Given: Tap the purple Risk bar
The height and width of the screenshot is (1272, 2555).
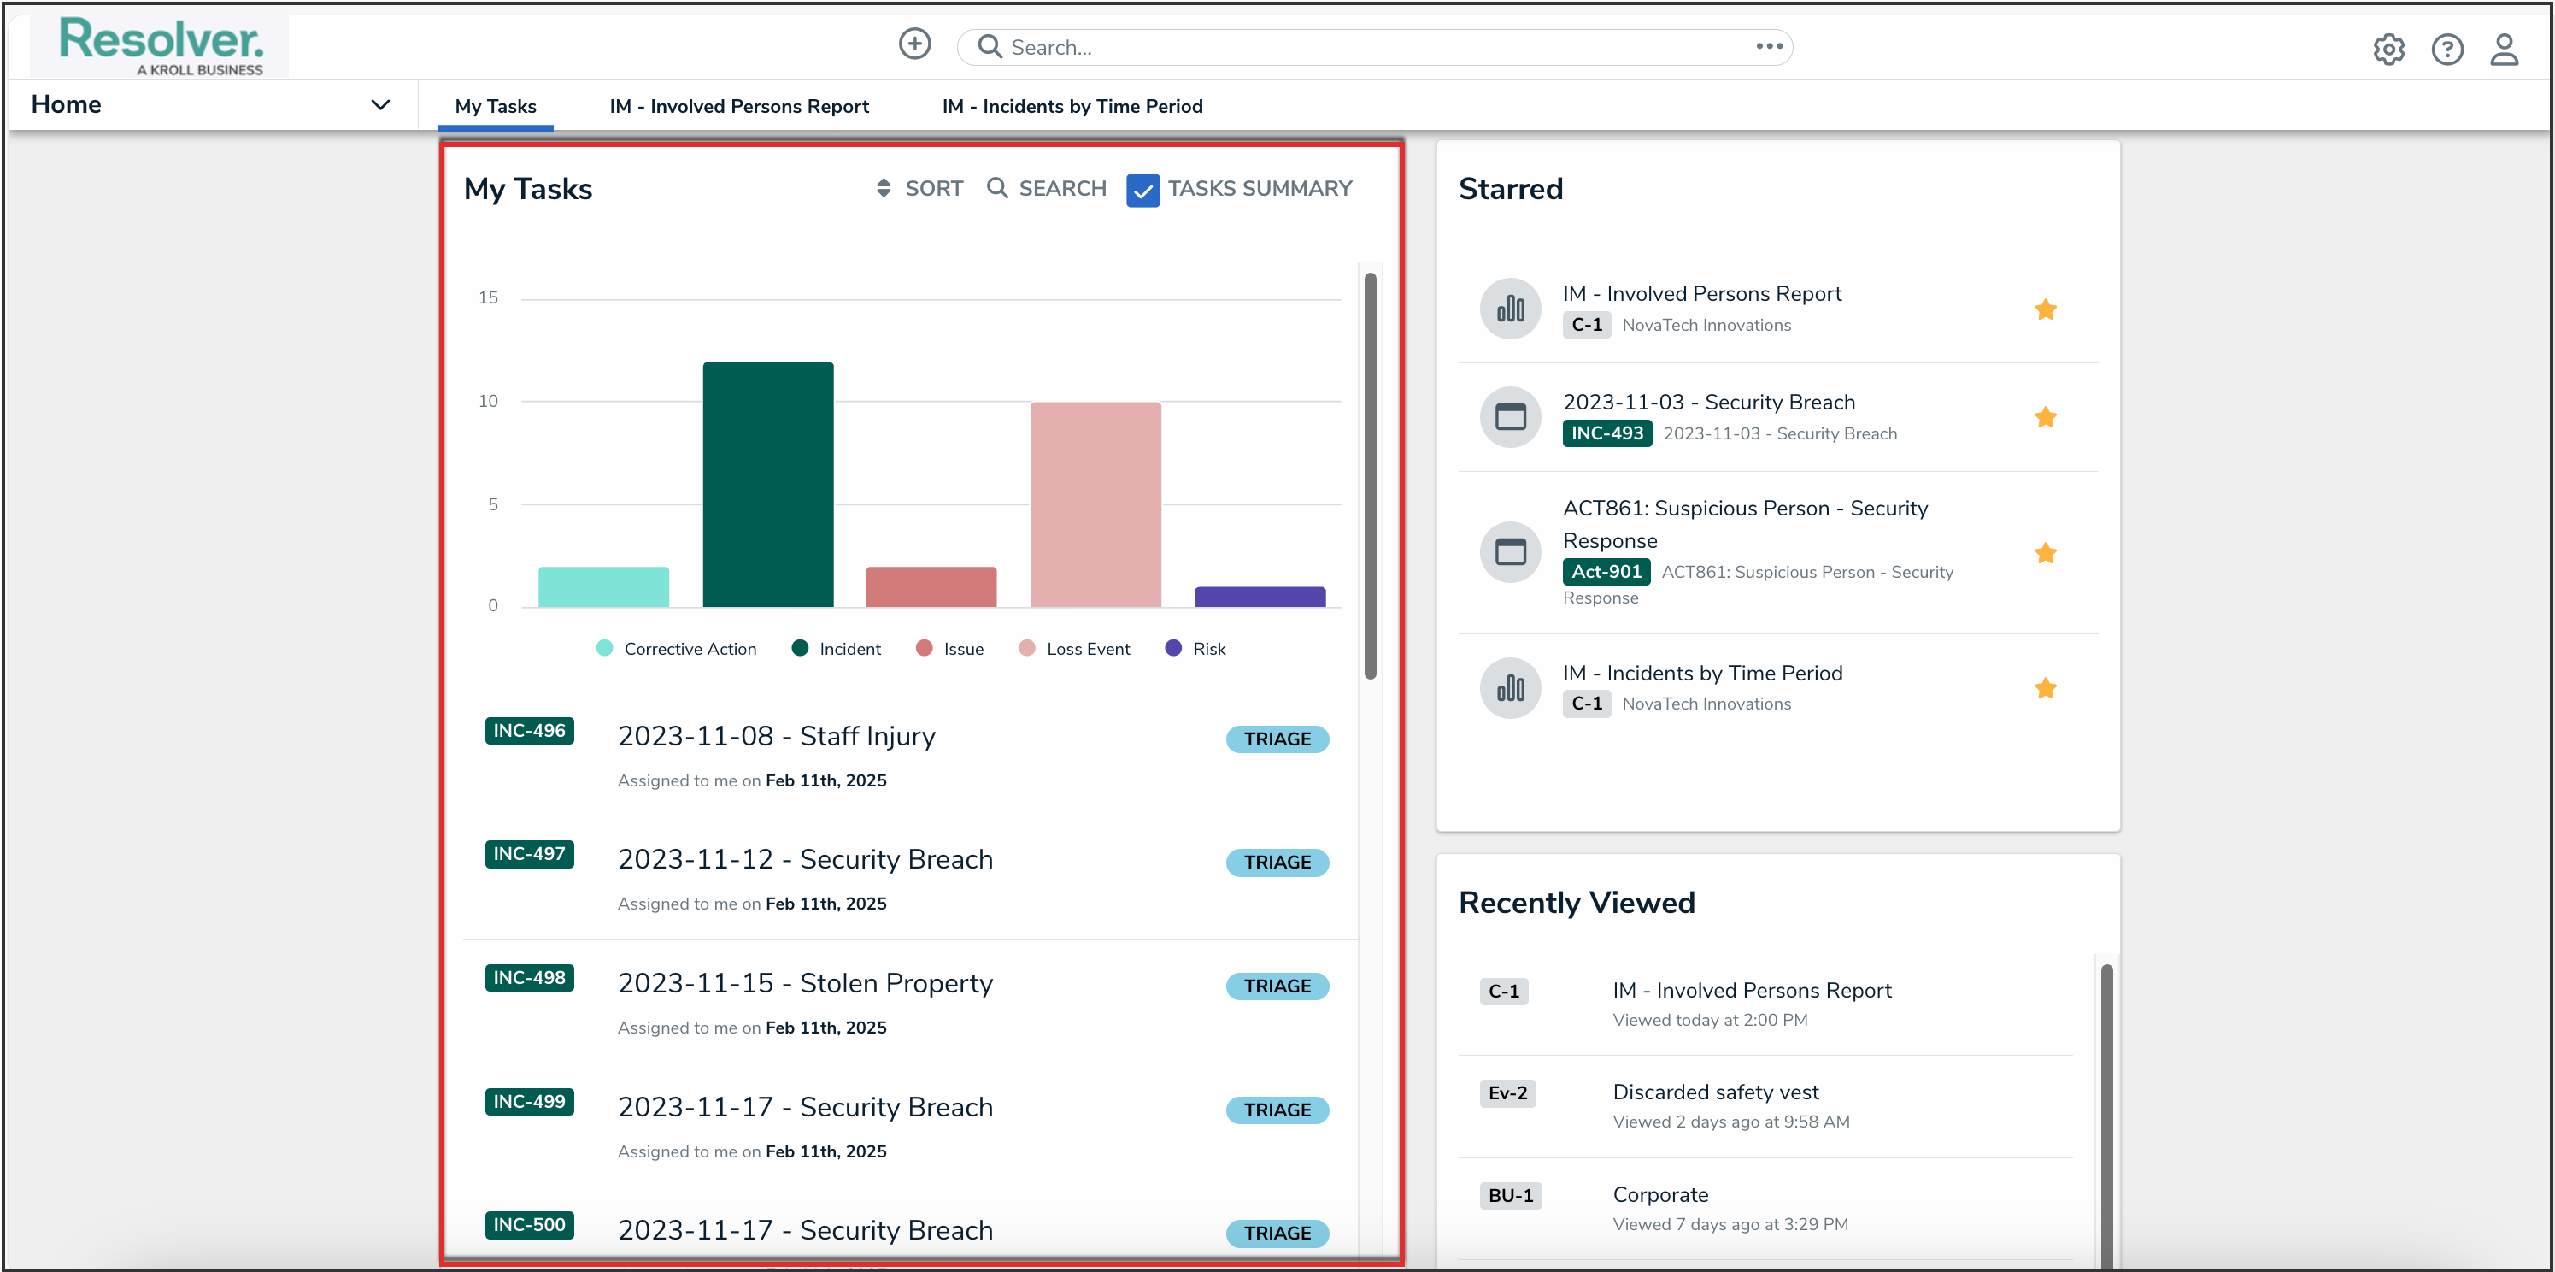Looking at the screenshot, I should [1260, 597].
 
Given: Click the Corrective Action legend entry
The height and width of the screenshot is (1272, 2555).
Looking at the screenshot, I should [677, 649].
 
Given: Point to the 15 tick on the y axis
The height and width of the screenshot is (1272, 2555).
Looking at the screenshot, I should [488, 297].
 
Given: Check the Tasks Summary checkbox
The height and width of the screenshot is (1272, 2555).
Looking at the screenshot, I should [1142, 190].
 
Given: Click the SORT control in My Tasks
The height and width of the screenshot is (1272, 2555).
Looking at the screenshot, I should [919, 189].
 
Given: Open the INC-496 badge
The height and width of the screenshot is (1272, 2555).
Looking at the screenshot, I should [529, 731].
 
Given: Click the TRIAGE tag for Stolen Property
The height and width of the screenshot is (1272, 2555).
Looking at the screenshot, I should [1277, 986].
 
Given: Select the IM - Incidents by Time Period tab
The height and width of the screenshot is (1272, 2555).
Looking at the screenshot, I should [1072, 106].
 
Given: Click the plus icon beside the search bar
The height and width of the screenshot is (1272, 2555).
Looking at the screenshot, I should [914, 44].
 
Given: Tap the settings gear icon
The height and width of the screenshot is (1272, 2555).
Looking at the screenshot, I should [2388, 49].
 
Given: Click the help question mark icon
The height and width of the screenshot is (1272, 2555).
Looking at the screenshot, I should [2446, 49].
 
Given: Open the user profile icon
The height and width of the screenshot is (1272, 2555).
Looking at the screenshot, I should [2505, 49].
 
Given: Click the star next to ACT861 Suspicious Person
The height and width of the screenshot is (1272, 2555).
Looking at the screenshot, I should [2045, 554].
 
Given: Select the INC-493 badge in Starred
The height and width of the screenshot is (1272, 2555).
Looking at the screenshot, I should [1606, 433].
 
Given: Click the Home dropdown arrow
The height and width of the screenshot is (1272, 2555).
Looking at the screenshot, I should [380, 105].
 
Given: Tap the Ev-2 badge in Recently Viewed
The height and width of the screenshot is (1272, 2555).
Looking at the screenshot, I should [1507, 1093].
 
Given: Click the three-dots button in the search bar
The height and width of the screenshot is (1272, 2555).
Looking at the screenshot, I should [1770, 47].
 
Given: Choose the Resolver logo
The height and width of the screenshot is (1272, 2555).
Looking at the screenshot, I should [161, 45].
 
